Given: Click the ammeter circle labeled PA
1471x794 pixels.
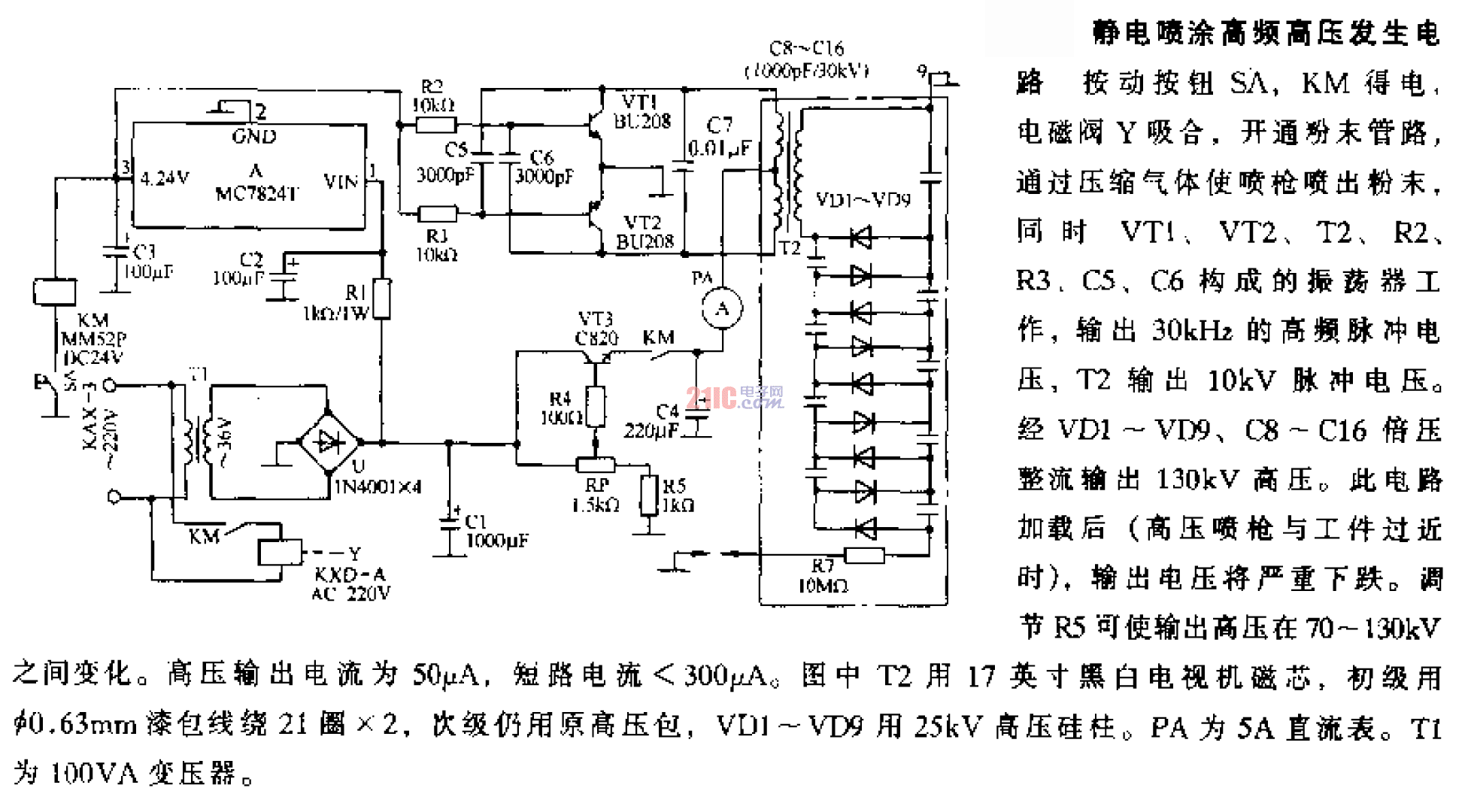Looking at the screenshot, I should click(x=722, y=308).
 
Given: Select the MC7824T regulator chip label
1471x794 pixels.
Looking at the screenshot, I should click(x=256, y=193).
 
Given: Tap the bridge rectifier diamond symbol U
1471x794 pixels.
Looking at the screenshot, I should click(x=329, y=442).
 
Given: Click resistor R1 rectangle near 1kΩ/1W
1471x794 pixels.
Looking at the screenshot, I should click(x=382, y=299).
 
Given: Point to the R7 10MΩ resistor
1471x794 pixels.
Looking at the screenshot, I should click(x=864, y=556).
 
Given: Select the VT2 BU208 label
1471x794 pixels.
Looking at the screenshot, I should click(x=644, y=232).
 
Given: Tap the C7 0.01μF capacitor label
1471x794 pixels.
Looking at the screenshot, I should click(x=719, y=136).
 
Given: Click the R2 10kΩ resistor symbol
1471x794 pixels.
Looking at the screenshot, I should click(x=436, y=125).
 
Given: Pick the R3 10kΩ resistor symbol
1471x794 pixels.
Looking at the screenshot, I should click(x=436, y=214).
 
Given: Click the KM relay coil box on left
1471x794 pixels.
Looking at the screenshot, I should click(x=54, y=292).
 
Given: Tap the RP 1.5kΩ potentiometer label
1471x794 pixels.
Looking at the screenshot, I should click(x=596, y=495).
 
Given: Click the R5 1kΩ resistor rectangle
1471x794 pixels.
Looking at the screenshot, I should click(x=649, y=495).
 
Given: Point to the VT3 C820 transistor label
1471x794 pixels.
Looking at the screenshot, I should click(x=596, y=329).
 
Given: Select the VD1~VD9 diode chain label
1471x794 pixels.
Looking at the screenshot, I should click(x=863, y=200).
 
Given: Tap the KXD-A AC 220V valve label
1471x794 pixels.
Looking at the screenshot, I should click(x=350, y=584).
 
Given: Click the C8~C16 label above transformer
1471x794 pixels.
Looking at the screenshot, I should click(x=806, y=59).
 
